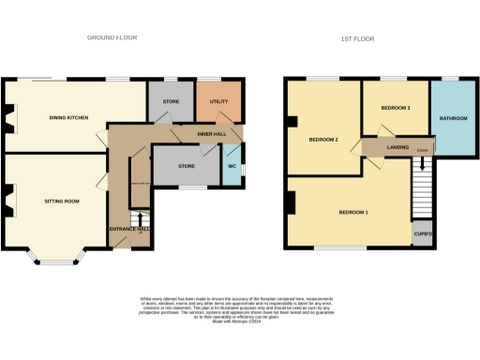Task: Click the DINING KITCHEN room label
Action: [69, 118]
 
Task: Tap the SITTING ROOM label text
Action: [61, 202]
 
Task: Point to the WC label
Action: [232, 169]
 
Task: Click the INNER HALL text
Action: [211, 134]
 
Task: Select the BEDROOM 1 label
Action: [353, 213]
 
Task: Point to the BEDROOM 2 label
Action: [323, 141]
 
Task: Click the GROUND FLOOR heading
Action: [112, 38]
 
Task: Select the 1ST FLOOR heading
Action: [358, 38]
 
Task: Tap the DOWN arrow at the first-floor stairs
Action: [422, 160]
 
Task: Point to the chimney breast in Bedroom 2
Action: [292, 121]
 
